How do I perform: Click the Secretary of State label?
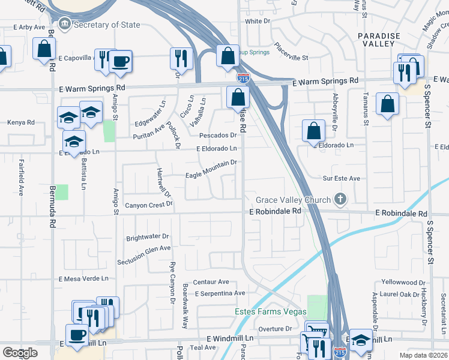point(107,25)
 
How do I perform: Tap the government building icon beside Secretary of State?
point(64,25)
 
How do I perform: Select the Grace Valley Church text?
point(293,200)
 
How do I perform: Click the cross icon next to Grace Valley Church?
point(341,199)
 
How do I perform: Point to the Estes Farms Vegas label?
point(270,311)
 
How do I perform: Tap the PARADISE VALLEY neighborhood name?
point(379,41)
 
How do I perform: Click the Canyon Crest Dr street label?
point(148,205)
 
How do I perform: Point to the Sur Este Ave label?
point(342,178)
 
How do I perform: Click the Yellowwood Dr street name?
point(403,282)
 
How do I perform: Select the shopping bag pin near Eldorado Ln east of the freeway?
point(313,131)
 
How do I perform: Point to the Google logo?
point(20,353)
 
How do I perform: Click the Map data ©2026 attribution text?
point(423,355)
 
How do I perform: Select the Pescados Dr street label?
point(218,136)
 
